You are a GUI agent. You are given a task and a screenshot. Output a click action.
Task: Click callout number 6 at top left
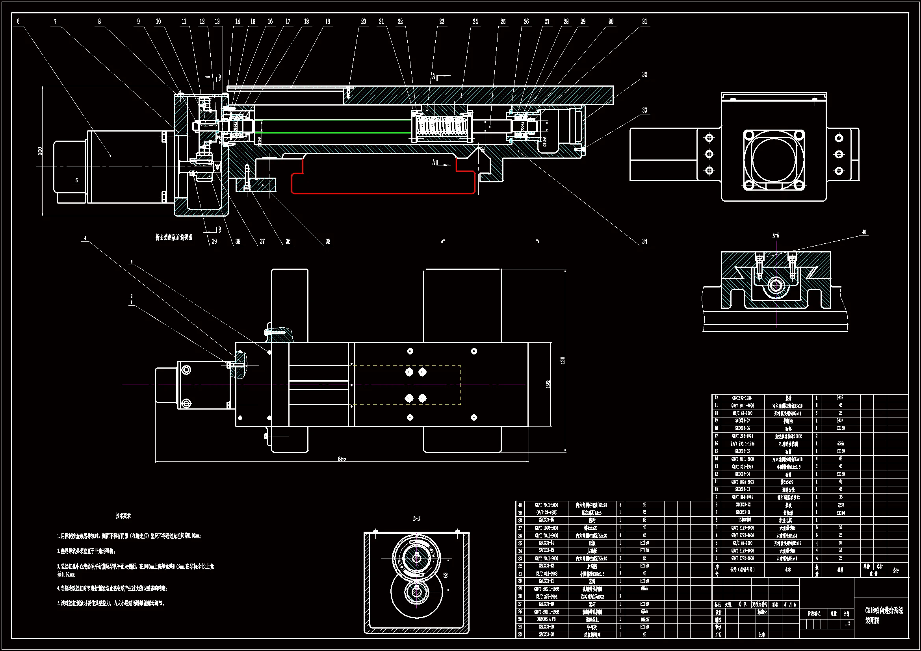point(18,22)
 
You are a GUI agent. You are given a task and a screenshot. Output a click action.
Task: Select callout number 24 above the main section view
point(475,22)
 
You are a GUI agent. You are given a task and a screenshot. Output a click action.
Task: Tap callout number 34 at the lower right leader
point(644,241)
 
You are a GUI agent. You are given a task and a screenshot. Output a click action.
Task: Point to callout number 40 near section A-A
point(864,232)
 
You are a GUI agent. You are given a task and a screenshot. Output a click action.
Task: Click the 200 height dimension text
point(40,151)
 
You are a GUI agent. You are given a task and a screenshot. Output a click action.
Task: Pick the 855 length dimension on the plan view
point(342,459)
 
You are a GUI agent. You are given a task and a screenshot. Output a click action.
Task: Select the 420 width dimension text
point(563,360)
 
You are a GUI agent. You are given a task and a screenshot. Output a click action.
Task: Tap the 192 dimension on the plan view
point(548,384)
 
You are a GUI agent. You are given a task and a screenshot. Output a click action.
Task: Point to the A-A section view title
point(776,236)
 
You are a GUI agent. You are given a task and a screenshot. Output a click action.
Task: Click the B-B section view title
point(416,519)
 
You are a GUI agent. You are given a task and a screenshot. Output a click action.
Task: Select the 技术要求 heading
point(123,516)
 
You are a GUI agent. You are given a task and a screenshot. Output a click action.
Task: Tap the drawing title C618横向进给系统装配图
point(884,615)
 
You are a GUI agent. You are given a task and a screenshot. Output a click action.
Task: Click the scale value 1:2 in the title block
point(847,624)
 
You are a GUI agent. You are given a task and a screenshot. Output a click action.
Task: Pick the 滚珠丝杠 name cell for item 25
point(592,619)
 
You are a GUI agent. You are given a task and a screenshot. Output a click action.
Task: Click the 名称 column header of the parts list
point(788,569)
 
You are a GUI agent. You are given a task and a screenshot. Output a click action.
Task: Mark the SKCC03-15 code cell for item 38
point(546,520)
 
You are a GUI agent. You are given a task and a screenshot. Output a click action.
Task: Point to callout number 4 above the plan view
point(85,238)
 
